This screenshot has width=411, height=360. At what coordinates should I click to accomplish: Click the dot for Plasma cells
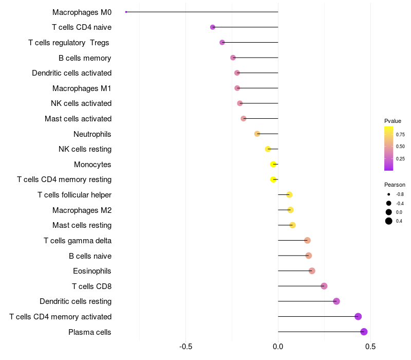(364, 332)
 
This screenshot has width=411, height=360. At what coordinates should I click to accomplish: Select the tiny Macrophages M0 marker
(126, 12)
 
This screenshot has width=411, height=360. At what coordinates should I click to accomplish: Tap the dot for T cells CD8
(324, 286)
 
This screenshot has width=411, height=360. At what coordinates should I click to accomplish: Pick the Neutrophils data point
(257, 134)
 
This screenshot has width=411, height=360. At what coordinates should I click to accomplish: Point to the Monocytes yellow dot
(273, 165)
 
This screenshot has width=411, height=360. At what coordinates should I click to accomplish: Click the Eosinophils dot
(312, 271)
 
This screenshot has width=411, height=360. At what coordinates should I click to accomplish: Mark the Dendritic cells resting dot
(337, 301)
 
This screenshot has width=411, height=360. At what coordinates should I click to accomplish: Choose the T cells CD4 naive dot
(213, 27)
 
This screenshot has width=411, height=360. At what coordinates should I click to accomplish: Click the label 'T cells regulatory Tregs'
(69, 42)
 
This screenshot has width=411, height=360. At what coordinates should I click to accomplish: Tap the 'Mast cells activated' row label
(78, 119)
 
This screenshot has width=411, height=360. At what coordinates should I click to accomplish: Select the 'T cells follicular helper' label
(74, 195)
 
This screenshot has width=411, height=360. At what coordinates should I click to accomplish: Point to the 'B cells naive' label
(90, 256)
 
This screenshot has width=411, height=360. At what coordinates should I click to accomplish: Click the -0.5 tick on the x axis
(186, 347)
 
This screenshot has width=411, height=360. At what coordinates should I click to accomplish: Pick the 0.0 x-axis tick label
(278, 347)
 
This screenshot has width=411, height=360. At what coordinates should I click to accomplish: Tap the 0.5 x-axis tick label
(370, 347)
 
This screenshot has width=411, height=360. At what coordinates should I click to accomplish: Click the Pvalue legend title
(393, 121)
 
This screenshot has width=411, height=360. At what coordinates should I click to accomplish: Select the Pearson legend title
(395, 185)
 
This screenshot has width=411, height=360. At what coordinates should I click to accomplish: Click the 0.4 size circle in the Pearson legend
(389, 221)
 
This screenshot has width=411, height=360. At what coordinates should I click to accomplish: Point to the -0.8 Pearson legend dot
(389, 194)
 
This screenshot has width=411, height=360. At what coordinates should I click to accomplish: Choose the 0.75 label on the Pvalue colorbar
(400, 135)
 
